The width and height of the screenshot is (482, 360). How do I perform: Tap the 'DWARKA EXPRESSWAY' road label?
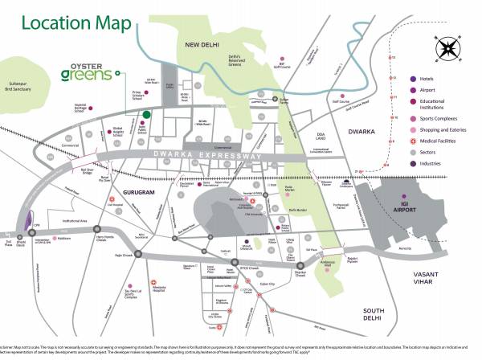click(207, 157)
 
